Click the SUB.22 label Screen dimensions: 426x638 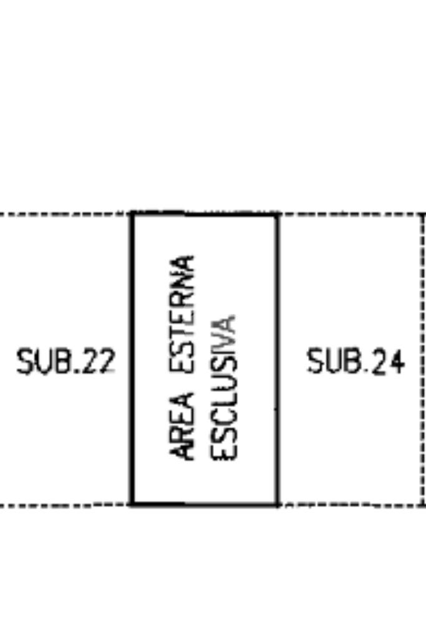click(x=66, y=361)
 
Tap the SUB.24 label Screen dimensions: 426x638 click(x=356, y=361)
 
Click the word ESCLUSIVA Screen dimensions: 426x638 click(x=223, y=388)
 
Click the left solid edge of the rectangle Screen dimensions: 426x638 click(x=132, y=358)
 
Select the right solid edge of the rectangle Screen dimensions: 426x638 click(x=278, y=358)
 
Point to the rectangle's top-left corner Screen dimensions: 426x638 click(x=132, y=214)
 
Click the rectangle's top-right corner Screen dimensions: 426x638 click(x=278, y=214)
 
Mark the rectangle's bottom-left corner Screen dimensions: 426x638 click(x=132, y=503)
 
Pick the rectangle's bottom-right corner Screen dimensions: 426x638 click(x=278, y=503)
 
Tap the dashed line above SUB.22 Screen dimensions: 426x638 click(x=65, y=214)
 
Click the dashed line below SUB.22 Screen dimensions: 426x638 click(x=65, y=505)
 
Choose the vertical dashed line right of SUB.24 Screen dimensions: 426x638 click(x=424, y=358)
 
